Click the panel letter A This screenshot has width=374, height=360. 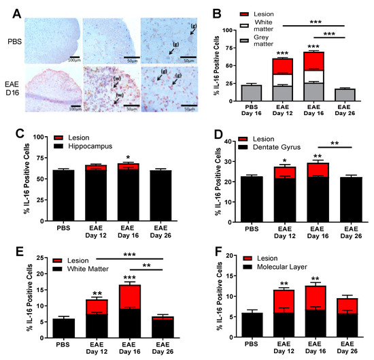tap(10, 8)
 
